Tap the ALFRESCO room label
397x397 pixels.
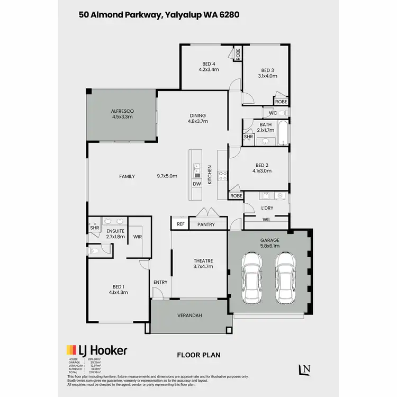pyautogui.click(x=122, y=111)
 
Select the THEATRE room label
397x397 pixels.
pyautogui.click(x=203, y=260)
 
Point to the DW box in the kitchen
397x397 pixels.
pyautogui.click(x=197, y=184)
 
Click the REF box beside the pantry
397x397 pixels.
pyautogui.click(x=181, y=224)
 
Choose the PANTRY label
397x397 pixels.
pyautogui.click(x=205, y=224)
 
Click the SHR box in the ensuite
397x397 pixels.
pyautogui.click(x=94, y=228)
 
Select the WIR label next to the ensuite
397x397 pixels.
pyautogui.click(x=137, y=237)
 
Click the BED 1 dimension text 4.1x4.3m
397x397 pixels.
pyautogui.click(x=119, y=292)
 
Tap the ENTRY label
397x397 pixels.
pyautogui.click(x=160, y=282)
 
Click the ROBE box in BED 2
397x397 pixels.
pyautogui.click(x=236, y=196)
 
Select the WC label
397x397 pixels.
pyautogui.click(x=273, y=113)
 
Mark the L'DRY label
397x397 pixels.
pyautogui.click(x=267, y=208)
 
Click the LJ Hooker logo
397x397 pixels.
pyautogui.click(x=96, y=350)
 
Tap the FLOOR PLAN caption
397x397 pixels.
pyautogui.click(x=198, y=355)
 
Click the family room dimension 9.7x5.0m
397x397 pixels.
pyautogui.click(x=167, y=176)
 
